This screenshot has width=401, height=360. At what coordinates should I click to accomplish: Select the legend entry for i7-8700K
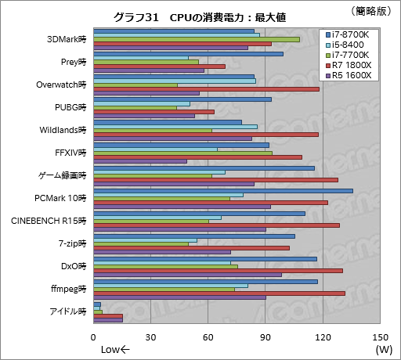point(349,35)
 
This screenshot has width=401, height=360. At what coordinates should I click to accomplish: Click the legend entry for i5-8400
point(347,45)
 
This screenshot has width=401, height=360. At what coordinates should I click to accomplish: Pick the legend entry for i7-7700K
point(349,56)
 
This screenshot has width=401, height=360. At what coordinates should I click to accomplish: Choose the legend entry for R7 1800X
point(349,66)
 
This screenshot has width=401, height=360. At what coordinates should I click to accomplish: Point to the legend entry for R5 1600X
point(349,76)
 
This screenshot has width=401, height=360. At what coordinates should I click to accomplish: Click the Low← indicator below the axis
point(117,349)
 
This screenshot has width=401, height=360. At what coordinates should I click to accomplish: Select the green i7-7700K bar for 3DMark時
point(197,39)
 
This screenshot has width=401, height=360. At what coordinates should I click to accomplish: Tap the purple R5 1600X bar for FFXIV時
point(140,161)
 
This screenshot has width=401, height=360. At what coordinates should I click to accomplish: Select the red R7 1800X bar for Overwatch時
point(206,89)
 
